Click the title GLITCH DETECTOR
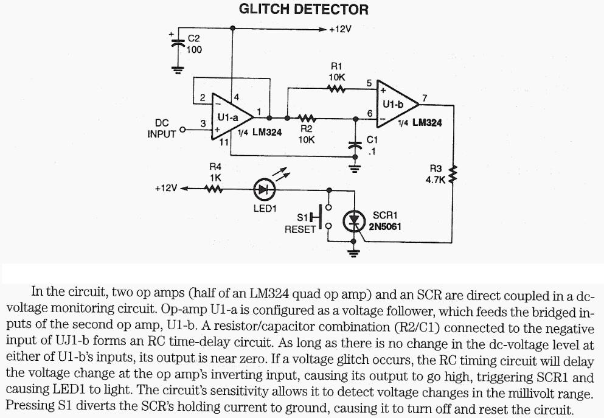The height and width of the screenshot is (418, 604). [304, 9]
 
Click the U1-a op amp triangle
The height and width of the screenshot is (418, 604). [232, 116]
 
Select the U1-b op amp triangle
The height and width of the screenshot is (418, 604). [397, 104]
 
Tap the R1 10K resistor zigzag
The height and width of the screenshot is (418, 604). [336, 89]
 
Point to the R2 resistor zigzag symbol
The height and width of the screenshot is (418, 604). [307, 118]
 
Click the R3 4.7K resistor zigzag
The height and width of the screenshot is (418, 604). [453, 174]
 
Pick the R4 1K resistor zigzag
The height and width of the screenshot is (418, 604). [213, 189]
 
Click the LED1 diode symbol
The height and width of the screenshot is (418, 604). [264, 189]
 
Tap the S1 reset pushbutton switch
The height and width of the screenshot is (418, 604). [322, 217]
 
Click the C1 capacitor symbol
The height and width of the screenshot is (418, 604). [355, 145]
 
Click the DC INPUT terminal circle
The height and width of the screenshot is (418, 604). [182, 130]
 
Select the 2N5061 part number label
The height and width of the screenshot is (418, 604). [385, 226]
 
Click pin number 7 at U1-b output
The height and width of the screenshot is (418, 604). [425, 98]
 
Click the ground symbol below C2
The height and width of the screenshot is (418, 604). [178, 70]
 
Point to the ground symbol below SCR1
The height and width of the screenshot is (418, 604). [353, 253]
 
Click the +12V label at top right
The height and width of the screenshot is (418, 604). [340, 29]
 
